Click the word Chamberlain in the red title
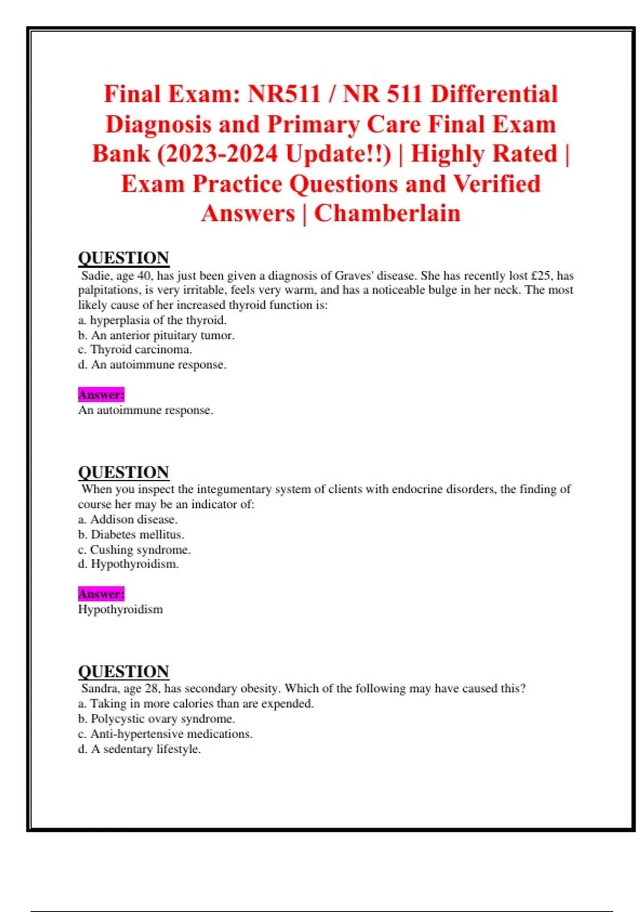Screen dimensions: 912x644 click(387, 213)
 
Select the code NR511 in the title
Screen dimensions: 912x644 click(283, 94)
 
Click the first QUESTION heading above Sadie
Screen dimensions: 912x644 click(123, 258)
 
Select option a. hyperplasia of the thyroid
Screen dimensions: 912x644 click(152, 320)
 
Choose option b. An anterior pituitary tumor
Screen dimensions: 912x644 click(156, 335)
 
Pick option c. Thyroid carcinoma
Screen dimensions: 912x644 click(135, 350)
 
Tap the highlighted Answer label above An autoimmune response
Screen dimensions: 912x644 click(101, 395)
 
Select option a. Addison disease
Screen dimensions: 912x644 click(128, 519)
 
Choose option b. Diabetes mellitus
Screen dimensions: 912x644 click(131, 534)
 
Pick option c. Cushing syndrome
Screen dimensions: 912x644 click(134, 549)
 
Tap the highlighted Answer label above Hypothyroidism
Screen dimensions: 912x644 click(101, 594)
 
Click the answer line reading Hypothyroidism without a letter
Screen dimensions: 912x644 click(120, 609)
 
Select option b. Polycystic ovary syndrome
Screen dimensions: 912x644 click(156, 719)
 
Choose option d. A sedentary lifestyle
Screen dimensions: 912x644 click(139, 749)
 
